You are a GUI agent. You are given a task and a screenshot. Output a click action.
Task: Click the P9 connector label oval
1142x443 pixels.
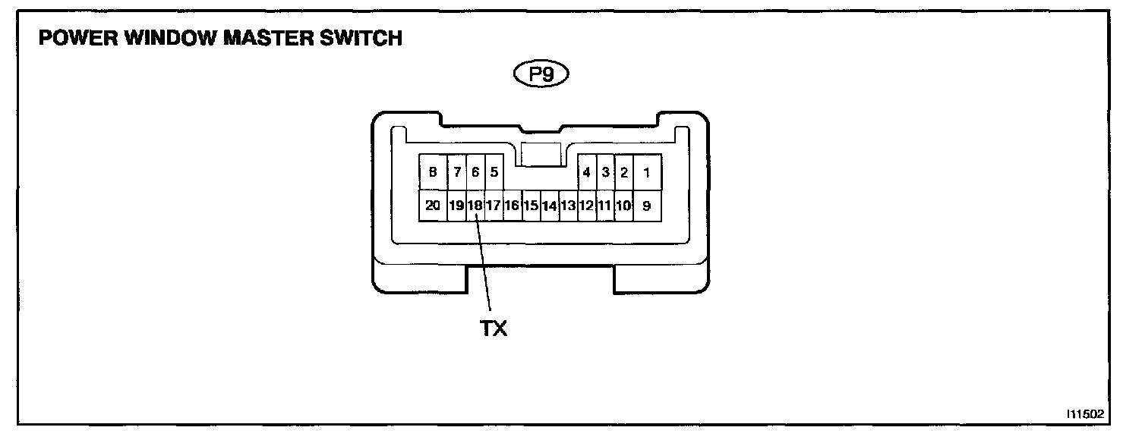541,74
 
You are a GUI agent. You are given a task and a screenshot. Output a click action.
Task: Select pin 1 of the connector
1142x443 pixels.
646,172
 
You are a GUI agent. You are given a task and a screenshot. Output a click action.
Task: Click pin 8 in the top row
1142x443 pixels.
433,172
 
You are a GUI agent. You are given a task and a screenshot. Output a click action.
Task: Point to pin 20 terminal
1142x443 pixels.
433,205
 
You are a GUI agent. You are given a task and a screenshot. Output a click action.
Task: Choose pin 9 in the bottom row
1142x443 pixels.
646,205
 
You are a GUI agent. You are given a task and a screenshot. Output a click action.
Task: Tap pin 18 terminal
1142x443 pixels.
475,205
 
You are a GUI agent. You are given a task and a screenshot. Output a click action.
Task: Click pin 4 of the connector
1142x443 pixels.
586,172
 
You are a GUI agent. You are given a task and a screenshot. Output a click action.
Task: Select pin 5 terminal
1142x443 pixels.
494,172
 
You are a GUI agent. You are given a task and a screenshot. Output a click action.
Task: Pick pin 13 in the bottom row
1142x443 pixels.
568,205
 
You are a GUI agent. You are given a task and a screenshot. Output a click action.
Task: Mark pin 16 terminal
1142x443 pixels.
512,205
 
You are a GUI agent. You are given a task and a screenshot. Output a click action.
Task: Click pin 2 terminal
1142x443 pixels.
623,172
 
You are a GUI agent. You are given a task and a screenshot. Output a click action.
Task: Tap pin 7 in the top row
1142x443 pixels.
457,172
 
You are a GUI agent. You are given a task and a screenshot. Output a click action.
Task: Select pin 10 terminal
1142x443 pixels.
623,205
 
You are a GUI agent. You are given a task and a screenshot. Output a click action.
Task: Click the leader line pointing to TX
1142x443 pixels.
484,265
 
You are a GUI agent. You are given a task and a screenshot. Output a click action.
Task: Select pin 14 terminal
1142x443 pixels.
549,205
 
